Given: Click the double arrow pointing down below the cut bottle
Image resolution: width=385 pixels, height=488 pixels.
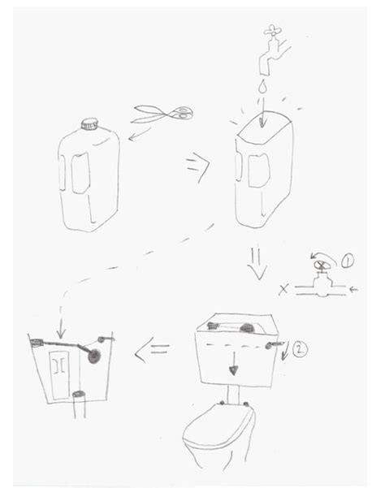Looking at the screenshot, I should point(256,262).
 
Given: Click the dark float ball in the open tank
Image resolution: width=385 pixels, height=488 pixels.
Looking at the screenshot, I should point(95,357).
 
